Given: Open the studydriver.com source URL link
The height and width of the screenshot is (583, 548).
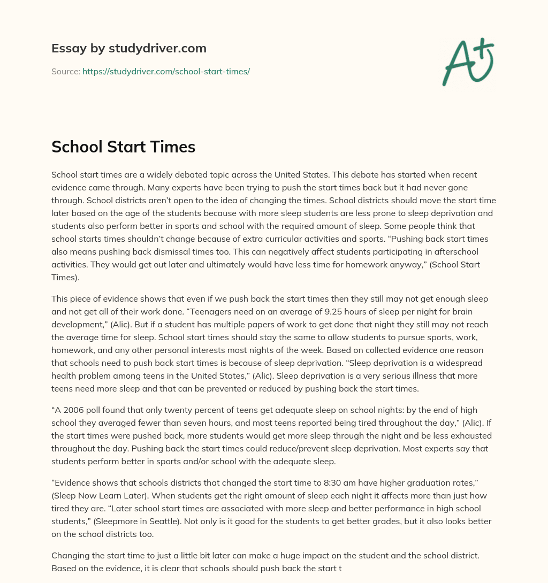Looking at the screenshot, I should (166, 71).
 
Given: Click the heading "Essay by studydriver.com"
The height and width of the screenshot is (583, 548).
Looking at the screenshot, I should (128, 48).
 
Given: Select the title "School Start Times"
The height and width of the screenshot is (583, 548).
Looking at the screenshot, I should (123, 147).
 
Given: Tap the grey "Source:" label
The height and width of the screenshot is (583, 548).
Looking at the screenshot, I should (66, 71).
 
